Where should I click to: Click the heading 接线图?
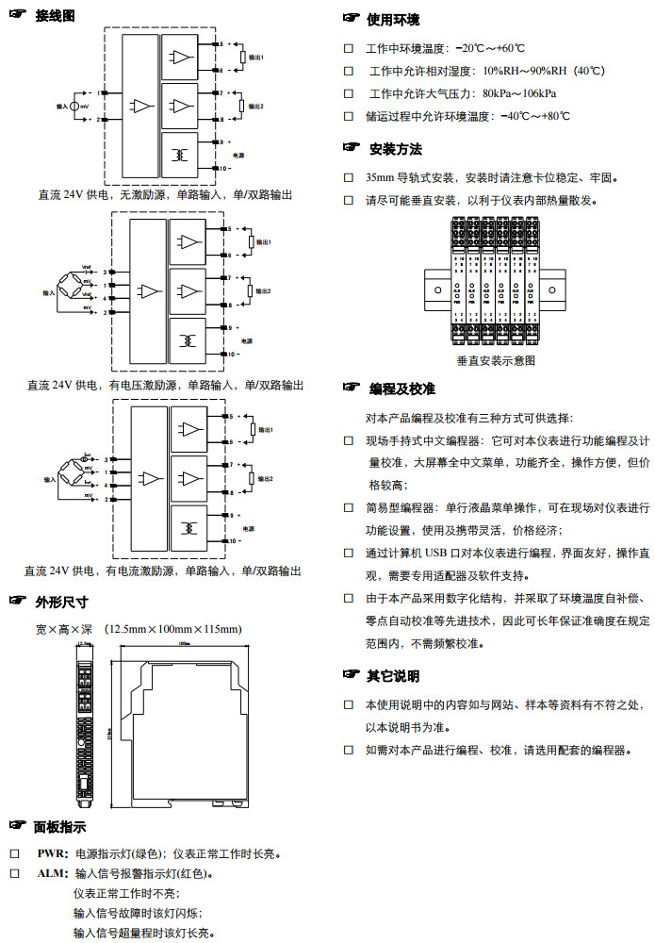(x=55, y=16)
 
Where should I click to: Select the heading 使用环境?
(x=393, y=20)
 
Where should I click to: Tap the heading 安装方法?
(x=395, y=149)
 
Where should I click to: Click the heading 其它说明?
(x=393, y=676)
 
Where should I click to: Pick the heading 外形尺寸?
(x=61, y=602)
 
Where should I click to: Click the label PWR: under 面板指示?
(x=52, y=853)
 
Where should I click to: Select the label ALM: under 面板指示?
(x=52, y=873)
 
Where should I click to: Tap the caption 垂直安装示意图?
(x=496, y=360)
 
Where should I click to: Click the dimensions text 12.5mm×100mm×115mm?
(x=174, y=628)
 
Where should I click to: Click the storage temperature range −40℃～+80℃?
(x=535, y=116)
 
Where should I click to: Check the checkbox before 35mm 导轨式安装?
(x=348, y=177)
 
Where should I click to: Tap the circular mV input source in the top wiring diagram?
(x=75, y=108)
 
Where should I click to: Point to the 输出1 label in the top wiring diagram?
(x=269, y=58)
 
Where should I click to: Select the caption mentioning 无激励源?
(x=165, y=194)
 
